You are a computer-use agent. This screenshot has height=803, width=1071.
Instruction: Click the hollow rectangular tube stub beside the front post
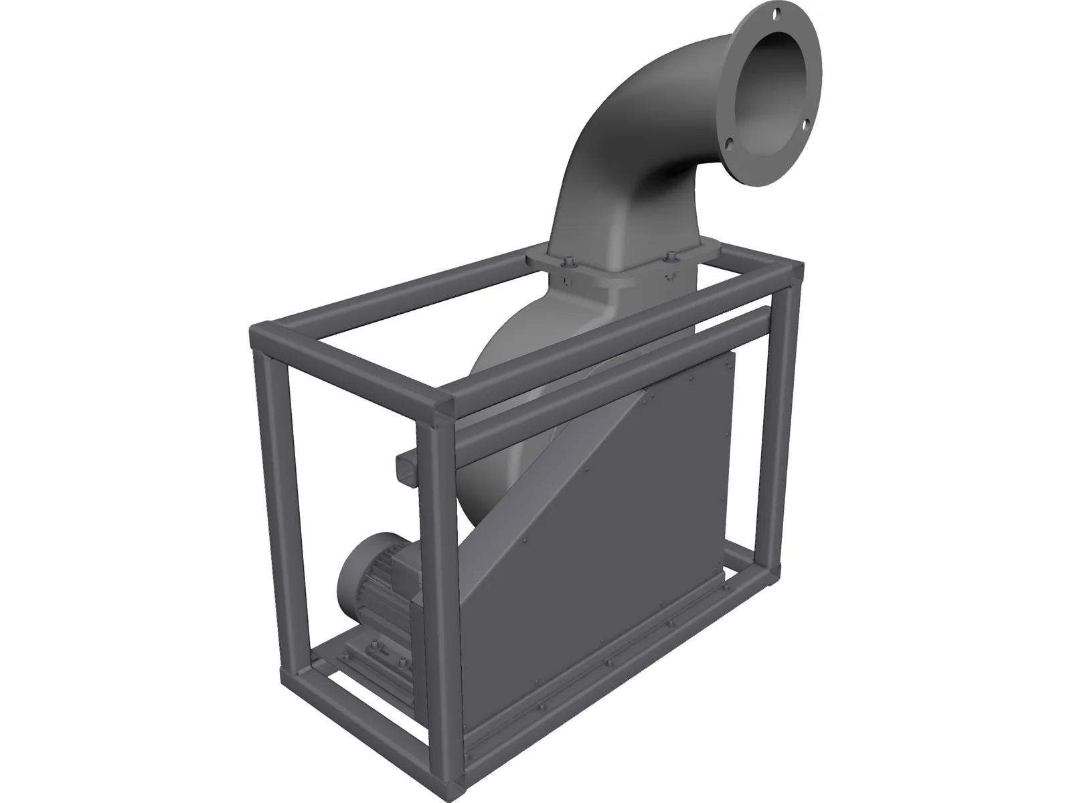point(407,466)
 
